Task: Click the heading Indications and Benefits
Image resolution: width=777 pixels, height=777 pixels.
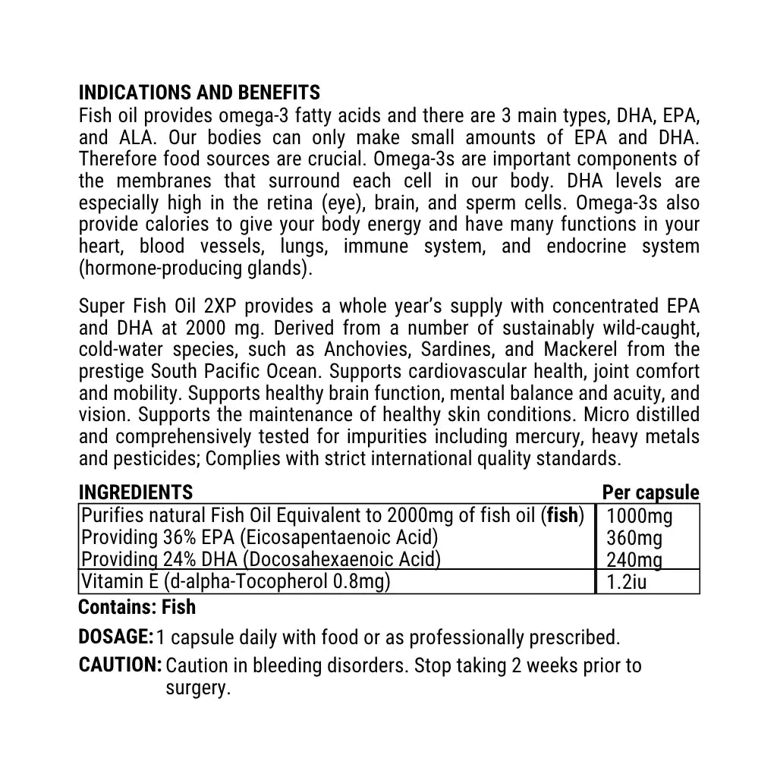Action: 200,93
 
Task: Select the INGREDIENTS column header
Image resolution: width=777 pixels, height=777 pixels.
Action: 136,493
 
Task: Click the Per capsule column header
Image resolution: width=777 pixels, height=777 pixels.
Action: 650,493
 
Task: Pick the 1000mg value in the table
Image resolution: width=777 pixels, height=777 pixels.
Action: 640,517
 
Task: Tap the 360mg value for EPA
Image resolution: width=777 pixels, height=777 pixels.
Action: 634,538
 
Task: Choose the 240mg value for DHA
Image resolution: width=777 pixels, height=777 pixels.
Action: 634,560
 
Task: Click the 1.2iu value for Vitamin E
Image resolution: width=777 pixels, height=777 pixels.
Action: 627,583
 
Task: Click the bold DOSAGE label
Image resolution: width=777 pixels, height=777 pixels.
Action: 116,637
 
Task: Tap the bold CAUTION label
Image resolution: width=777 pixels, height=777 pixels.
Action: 120,665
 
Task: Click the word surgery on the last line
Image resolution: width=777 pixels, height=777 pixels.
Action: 196,689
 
